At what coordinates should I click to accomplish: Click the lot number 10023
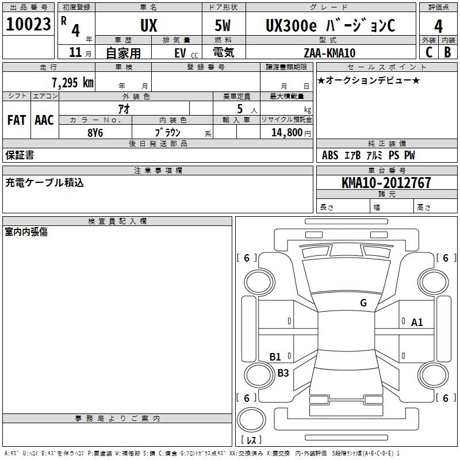[x=29, y=25]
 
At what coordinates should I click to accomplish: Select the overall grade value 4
[x=438, y=26]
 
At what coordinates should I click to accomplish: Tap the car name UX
[x=148, y=26]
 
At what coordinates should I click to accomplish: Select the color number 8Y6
[x=95, y=132]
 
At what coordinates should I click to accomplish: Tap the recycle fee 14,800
[x=286, y=132]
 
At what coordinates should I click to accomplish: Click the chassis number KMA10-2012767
[x=386, y=183]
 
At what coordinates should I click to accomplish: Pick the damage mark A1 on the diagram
[x=417, y=323]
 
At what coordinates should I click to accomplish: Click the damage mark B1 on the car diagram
[x=275, y=357]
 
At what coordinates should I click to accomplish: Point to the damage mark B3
[x=283, y=373]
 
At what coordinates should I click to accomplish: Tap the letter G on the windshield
[x=363, y=303]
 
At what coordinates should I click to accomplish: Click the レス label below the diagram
[x=254, y=440]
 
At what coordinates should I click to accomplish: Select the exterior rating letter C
[x=429, y=52]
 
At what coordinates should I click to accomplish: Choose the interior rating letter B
[x=447, y=52]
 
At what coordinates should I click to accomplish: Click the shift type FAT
[x=16, y=120]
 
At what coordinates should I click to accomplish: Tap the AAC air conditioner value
[x=44, y=120]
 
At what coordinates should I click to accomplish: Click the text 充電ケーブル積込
[x=44, y=182]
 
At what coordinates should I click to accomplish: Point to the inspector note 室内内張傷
[x=26, y=232]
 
